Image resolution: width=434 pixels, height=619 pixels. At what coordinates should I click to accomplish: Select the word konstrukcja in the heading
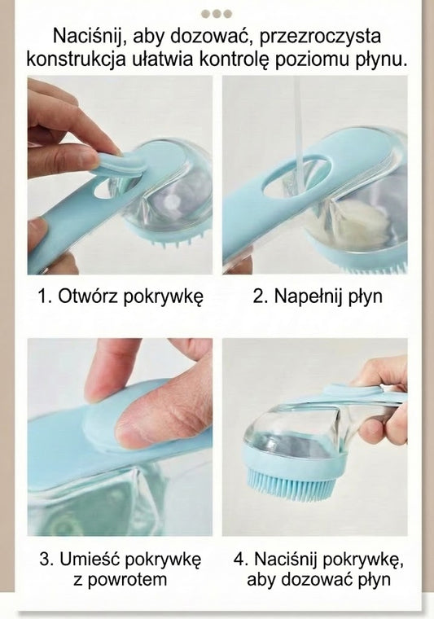pos(77,60)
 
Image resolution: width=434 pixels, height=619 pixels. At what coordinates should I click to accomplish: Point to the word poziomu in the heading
pos(311,60)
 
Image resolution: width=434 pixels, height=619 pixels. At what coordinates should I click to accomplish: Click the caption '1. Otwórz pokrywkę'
pos(121,296)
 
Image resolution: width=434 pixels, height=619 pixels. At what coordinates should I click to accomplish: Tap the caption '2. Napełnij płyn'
pos(318,296)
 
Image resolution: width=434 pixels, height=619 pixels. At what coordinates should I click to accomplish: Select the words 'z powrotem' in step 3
pos(121,580)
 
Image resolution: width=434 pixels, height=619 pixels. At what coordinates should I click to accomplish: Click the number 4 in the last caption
pos(239,559)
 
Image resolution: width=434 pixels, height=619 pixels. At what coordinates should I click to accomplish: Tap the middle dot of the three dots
pos(217,14)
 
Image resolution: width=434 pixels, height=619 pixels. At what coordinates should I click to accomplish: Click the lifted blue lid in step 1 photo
pos(121,164)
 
